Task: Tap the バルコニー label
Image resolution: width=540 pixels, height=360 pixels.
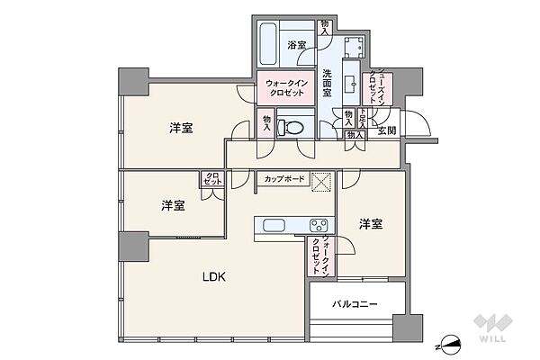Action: coord(354,304)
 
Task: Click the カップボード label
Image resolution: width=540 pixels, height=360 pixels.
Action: coord(283,179)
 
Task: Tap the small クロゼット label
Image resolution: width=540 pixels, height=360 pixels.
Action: coord(212,179)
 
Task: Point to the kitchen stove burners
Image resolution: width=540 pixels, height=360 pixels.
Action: coord(319,225)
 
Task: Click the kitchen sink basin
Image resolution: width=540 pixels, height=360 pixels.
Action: coord(274,225)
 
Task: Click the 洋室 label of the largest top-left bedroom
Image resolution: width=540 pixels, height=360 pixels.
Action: coord(180,128)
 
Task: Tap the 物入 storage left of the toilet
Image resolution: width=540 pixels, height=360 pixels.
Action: coord(266,122)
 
